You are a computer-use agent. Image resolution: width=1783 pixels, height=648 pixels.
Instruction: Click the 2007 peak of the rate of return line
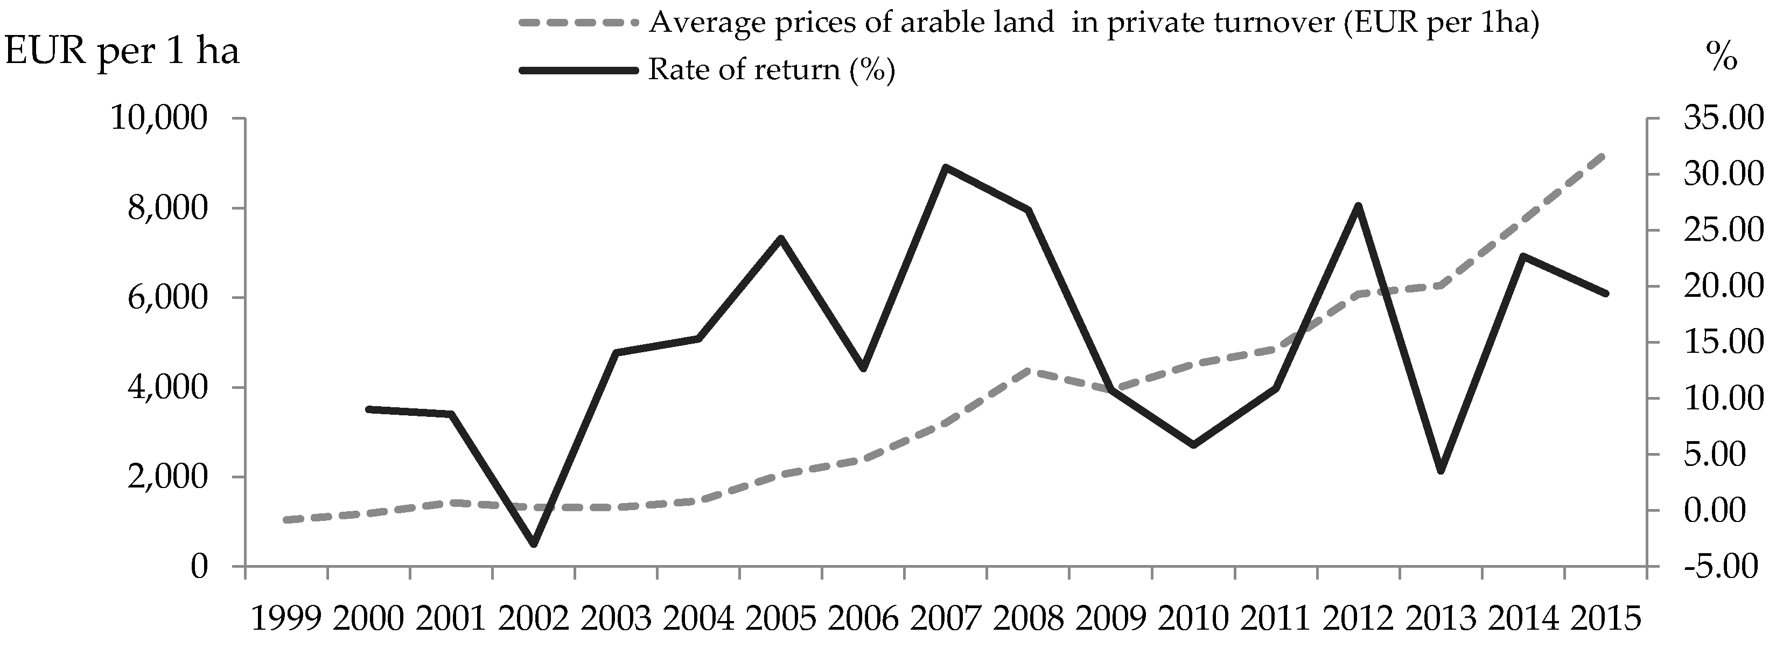(946, 167)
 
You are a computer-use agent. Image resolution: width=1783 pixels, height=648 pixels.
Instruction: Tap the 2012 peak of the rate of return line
(1358, 206)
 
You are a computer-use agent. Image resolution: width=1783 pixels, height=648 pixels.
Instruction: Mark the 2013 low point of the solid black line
(1441, 471)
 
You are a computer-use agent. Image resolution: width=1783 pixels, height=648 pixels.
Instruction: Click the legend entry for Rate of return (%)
(771, 69)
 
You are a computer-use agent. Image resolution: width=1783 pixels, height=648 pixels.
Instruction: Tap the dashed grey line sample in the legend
(577, 23)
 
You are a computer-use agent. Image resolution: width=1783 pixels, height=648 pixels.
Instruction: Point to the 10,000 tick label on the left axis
(158, 119)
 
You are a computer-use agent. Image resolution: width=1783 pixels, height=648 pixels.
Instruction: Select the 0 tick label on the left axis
(199, 566)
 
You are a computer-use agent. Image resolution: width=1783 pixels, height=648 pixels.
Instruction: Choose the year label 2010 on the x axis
(1193, 618)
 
